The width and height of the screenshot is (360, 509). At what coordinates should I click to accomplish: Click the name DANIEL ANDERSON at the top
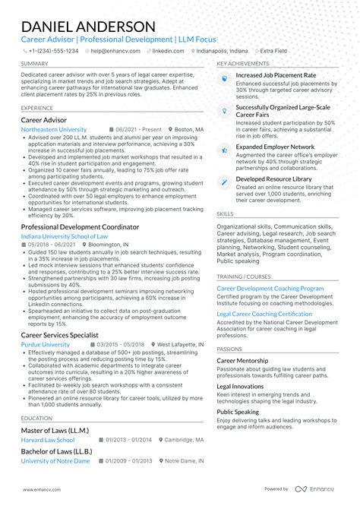coord(88,26)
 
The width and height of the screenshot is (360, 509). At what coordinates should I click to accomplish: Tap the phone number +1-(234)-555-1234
coord(53,51)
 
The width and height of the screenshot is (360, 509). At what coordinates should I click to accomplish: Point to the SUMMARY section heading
coord(35,64)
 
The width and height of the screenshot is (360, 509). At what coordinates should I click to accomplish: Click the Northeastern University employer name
coord(54,130)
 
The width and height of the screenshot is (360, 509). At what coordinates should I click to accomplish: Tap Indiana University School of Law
coord(65,236)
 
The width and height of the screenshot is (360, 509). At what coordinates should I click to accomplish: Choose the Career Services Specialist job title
coord(59,334)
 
